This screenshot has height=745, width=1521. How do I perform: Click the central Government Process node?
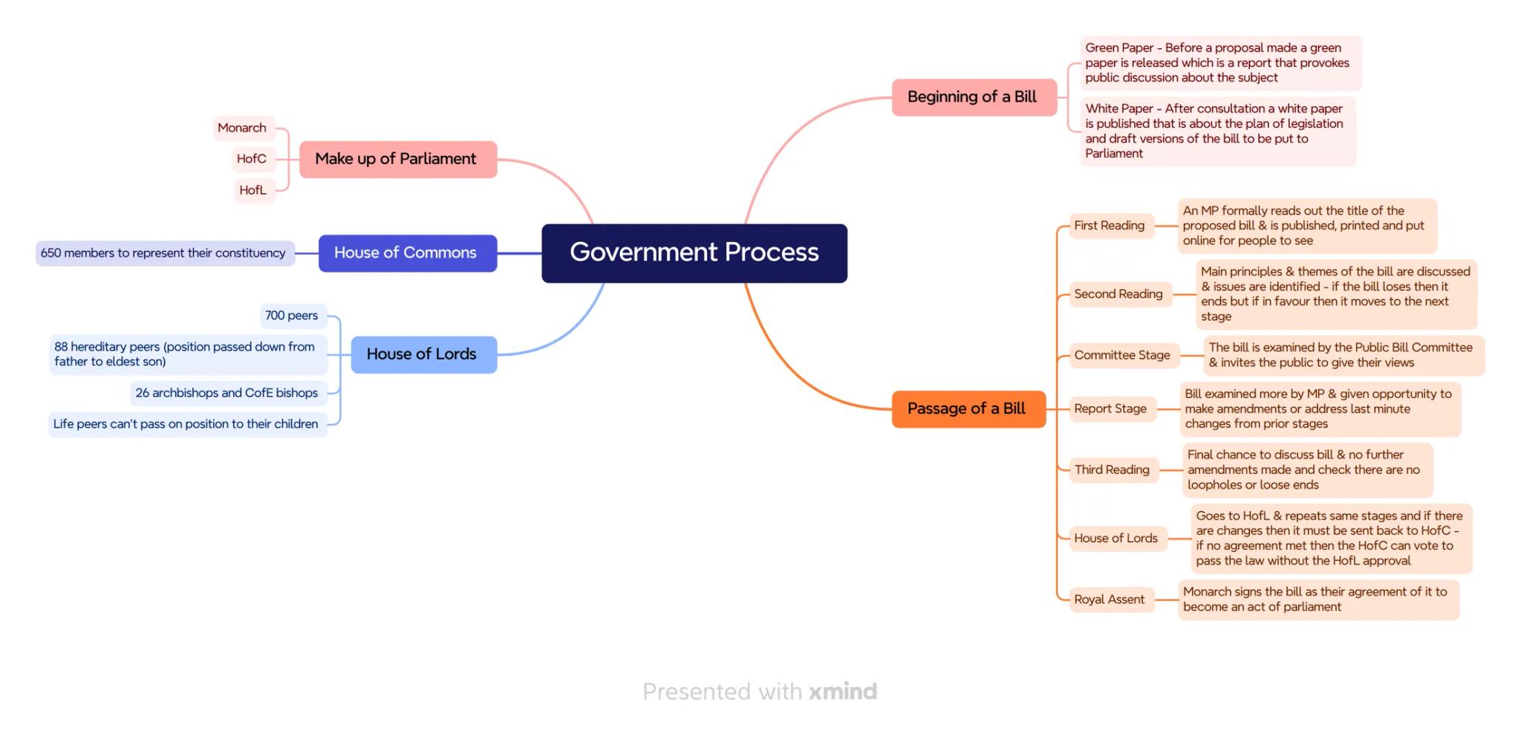click(x=694, y=253)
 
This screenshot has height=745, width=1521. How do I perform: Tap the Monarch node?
click(x=242, y=128)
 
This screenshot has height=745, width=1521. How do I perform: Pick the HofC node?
click(x=251, y=159)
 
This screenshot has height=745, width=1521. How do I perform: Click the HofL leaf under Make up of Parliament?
click(x=253, y=190)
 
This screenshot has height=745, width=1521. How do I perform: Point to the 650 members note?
click(x=164, y=253)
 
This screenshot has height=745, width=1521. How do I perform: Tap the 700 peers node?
click(x=292, y=316)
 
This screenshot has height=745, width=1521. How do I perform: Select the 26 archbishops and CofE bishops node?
click(x=227, y=393)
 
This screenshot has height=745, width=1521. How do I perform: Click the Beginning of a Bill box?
click(x=973, y=97)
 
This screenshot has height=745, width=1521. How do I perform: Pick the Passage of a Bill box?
click(x=968, y=409)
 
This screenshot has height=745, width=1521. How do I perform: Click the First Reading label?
click(x=1110, y=226)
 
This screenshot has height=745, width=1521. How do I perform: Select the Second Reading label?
click(x=1118, y=294)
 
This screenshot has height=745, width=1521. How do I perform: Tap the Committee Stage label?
click(x=1122, y=355)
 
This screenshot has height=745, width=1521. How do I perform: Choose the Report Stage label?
click(x=1110, y=409)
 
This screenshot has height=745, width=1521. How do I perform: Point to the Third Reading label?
click(x=1112, y=469)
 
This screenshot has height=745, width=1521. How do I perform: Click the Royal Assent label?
click(x=1110, y=599)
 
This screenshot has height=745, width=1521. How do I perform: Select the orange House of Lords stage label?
click(x=1115, y=539)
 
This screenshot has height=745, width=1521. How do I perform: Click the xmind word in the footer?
click(x=843, y=692)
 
